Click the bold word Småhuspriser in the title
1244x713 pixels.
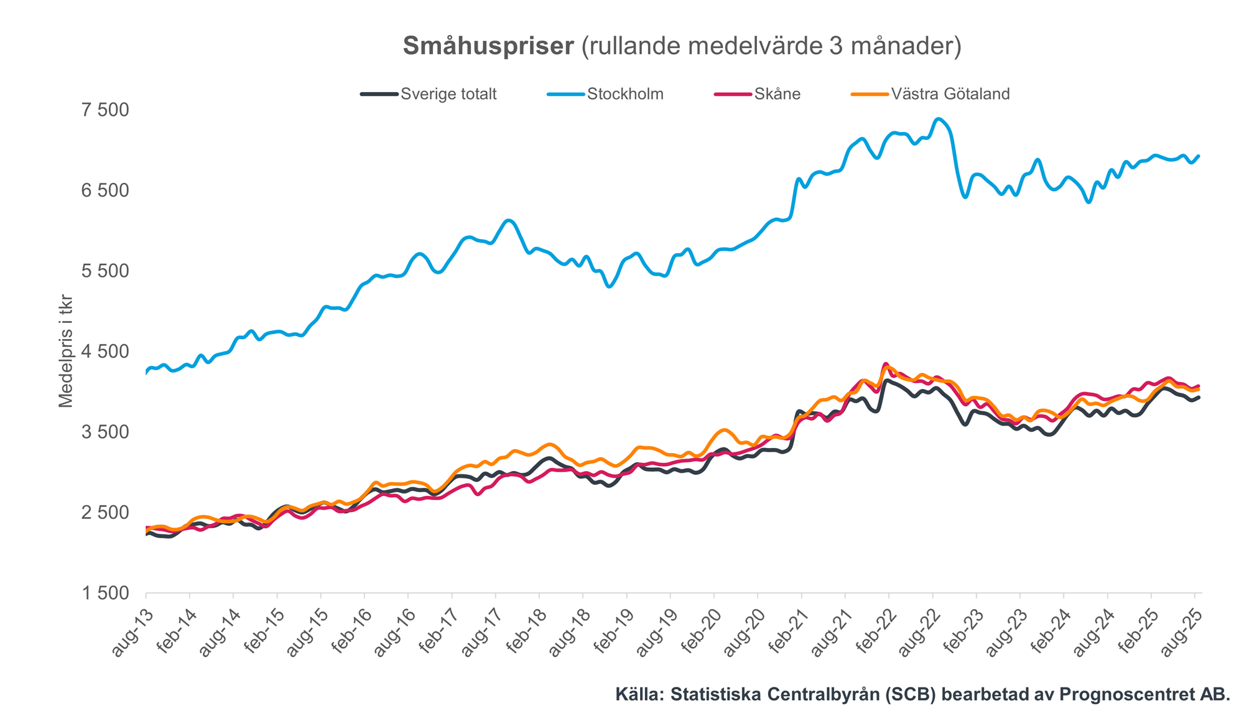(x=488, y=46)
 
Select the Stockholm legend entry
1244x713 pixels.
(x=624, y=94)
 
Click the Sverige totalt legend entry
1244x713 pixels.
(x=448, y=94)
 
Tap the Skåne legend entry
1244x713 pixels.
(x=777, y=94)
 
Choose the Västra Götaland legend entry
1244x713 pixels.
(x=950, y=94)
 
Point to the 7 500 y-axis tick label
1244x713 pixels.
(x=105, y=110)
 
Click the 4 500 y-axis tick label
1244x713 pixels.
(x=105, y=352)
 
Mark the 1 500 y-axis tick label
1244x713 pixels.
(x=105, y=594)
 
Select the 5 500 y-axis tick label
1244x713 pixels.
(x=105, y=271)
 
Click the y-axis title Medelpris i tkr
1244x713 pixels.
(x=66, y=352)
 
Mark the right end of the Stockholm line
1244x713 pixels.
(x=1199, y=156)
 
